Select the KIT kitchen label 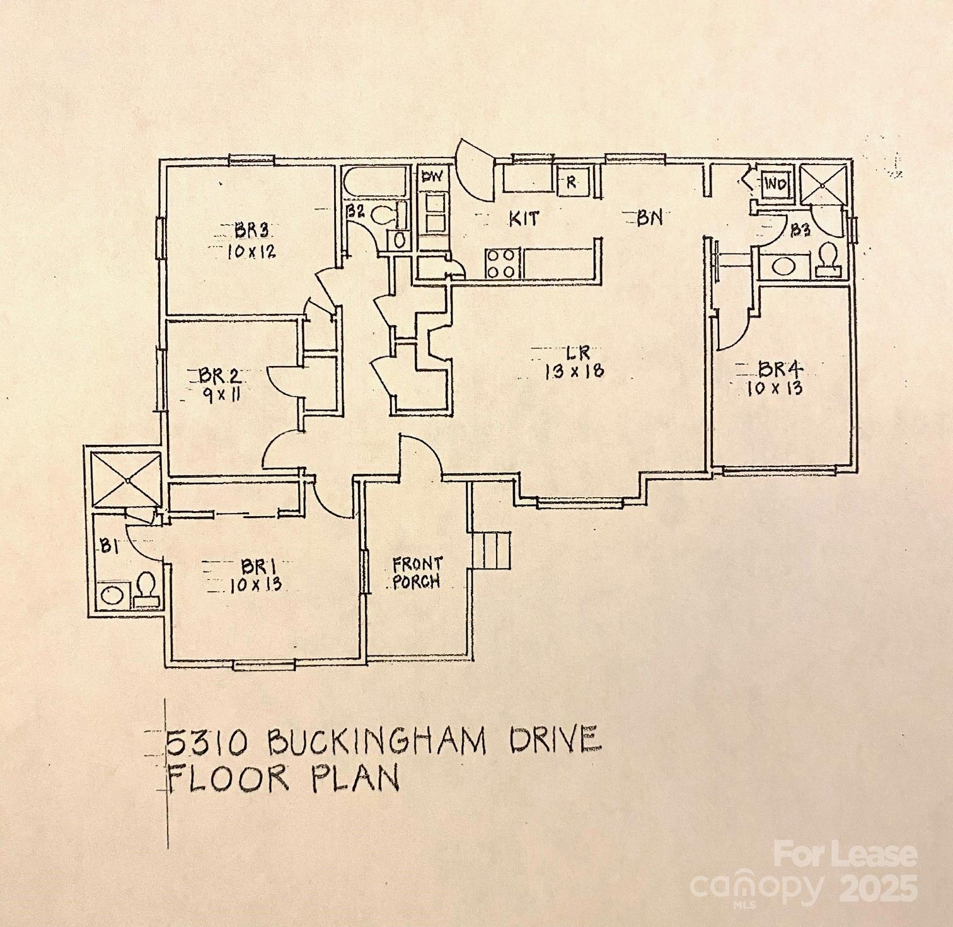point(524,219)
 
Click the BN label point(650,218)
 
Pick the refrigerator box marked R point(572,181)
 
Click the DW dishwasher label point(432,177)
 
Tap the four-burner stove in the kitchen point(502,263)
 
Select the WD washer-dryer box point(775,184)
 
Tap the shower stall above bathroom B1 point(127,479)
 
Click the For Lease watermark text point(845,855)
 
